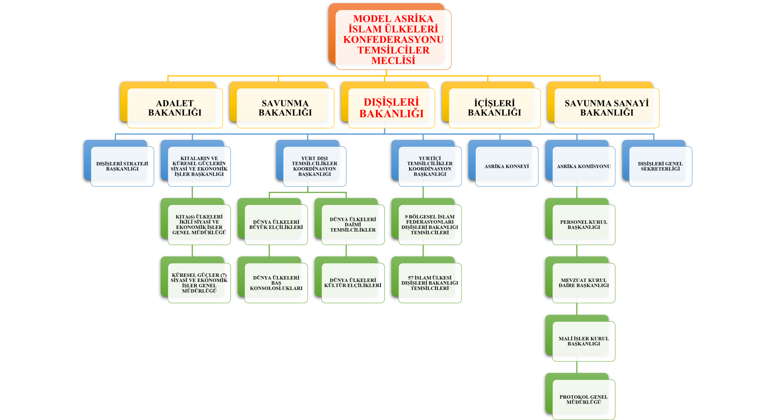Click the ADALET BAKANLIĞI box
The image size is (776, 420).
tap(175, 108)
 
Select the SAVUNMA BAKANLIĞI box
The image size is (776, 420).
tap(285, 108)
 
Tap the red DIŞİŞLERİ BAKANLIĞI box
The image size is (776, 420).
tap(391, 108)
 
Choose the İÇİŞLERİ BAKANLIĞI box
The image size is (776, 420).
tap(494, 108)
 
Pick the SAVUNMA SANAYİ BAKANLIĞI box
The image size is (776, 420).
tap(607, 108)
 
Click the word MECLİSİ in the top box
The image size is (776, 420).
tap(393, 60)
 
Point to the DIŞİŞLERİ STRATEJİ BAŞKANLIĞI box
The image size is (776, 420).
tap(122, 166)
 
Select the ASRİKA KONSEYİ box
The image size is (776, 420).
tap(507, 166)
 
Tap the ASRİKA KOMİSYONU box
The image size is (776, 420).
tap(584, 166)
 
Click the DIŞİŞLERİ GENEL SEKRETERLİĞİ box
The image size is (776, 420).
tap(660, 166)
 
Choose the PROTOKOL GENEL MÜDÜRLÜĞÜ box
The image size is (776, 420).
tap(584, 399)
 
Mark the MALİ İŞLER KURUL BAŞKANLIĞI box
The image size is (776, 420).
tap(584, 341)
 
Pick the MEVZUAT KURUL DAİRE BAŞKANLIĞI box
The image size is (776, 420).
tap(584, 283)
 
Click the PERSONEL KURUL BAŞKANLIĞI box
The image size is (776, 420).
tap(584, 225)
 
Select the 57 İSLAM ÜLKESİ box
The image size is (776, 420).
tap(430, 283)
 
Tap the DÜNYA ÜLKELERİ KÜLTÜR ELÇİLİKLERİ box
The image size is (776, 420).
tap(353, 283)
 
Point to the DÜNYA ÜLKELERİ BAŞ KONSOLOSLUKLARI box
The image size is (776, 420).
tap(276, 283)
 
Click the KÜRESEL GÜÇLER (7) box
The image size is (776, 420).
tap(199, 283)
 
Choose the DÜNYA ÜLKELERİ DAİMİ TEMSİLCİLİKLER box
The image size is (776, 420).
tap(353, 225)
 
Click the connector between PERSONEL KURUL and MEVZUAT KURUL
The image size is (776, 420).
tap(577, 250)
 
